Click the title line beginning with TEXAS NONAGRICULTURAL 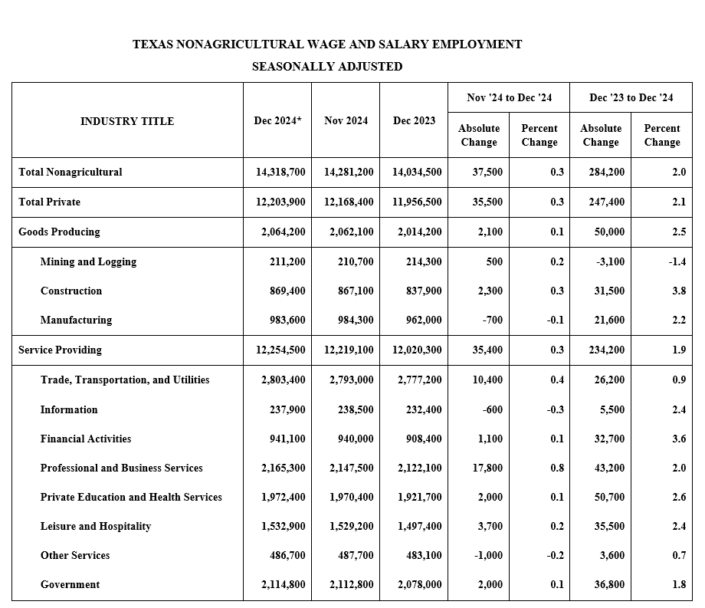point(327,44)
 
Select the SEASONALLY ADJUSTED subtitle point(327,67)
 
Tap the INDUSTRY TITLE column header point(127,121)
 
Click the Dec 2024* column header point(277,120)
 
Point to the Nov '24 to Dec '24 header point(509,97)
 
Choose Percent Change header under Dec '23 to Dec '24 point(661,135)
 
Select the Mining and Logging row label point(88,261)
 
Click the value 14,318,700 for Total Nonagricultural point(280,172)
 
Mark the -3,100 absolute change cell point(610,261)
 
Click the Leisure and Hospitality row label point(96,526)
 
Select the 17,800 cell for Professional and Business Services point(488,468)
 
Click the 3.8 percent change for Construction point(678,291)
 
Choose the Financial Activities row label point(86,439)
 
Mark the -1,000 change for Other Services point(488,555)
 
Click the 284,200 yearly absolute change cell point(605,172)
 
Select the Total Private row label point(49,202)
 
